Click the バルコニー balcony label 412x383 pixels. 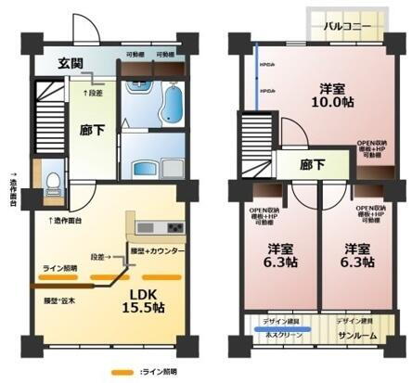click(348, 26)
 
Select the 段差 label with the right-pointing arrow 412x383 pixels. click(104, 257)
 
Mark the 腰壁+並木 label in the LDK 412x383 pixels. click(60, 302)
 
